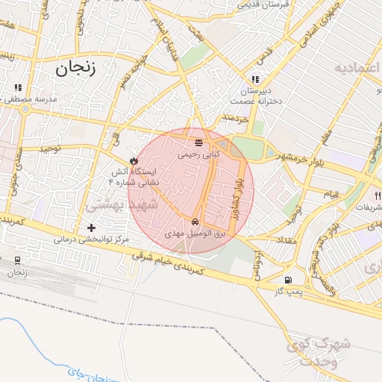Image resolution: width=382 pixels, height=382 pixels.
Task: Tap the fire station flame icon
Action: click(134, 160)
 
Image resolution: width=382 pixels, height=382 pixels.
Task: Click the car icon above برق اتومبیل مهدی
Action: click(195, 222)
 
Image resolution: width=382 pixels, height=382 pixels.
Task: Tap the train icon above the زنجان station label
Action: click(17, 261)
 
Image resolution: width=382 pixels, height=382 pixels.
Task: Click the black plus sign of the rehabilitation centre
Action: click(91, 228)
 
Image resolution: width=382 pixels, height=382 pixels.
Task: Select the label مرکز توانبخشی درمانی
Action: click(91, 240)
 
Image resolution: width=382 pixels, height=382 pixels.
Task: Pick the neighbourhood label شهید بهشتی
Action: click(119, 204)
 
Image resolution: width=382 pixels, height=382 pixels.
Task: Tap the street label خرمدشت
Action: click(234, 119)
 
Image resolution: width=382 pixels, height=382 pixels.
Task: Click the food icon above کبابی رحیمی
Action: click(198, 142)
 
